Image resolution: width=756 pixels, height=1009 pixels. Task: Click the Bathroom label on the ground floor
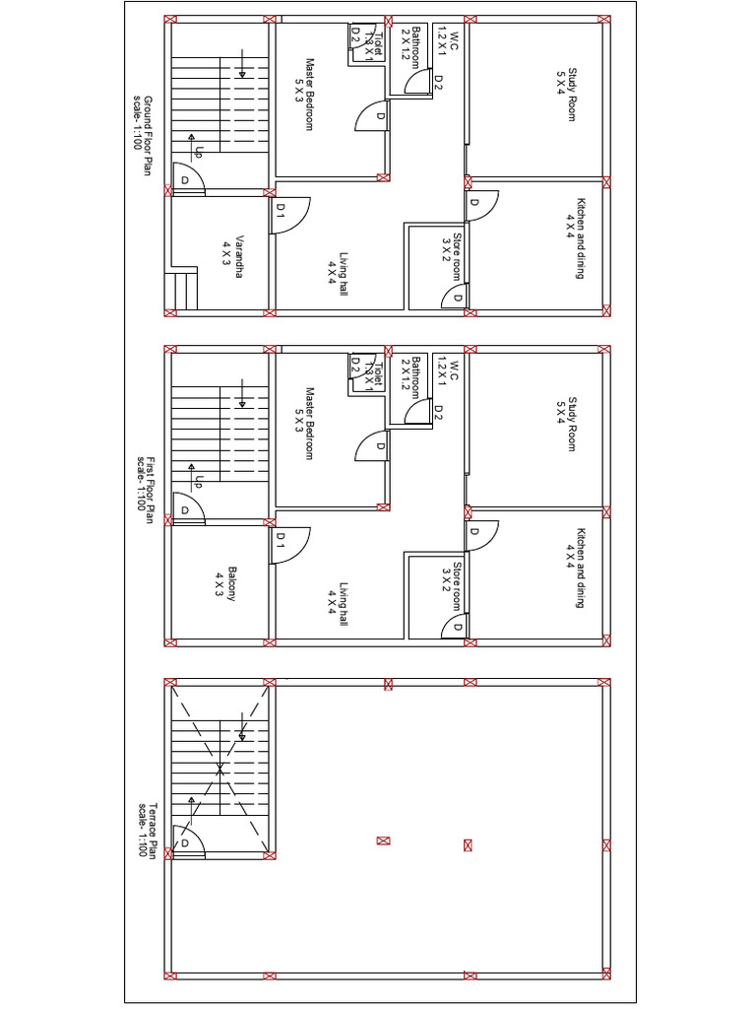[x=410, y=45]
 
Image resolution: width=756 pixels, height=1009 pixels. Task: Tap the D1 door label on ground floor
[x=281, y=209]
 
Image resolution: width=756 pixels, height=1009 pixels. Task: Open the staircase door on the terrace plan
[x=188, y=843]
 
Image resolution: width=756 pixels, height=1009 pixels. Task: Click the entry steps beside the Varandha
[x=184, y=290]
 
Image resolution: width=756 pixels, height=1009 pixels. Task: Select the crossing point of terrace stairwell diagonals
[x=220, y=766]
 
